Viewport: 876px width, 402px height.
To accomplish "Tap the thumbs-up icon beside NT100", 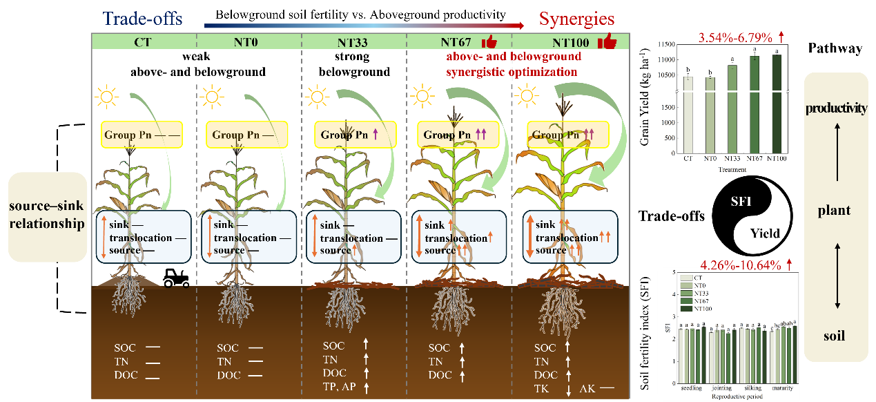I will click(x=607, y=41).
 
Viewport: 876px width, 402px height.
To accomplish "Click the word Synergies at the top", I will click(x=576, y=18).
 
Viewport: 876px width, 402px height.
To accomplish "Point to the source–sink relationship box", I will click(x=48, y=216).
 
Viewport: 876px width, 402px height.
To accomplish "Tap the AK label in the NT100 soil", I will click(x=587, y=388).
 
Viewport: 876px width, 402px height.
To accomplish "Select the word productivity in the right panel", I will click(x=835, y=108).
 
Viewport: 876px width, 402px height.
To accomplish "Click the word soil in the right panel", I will click(x=835, y=336).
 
